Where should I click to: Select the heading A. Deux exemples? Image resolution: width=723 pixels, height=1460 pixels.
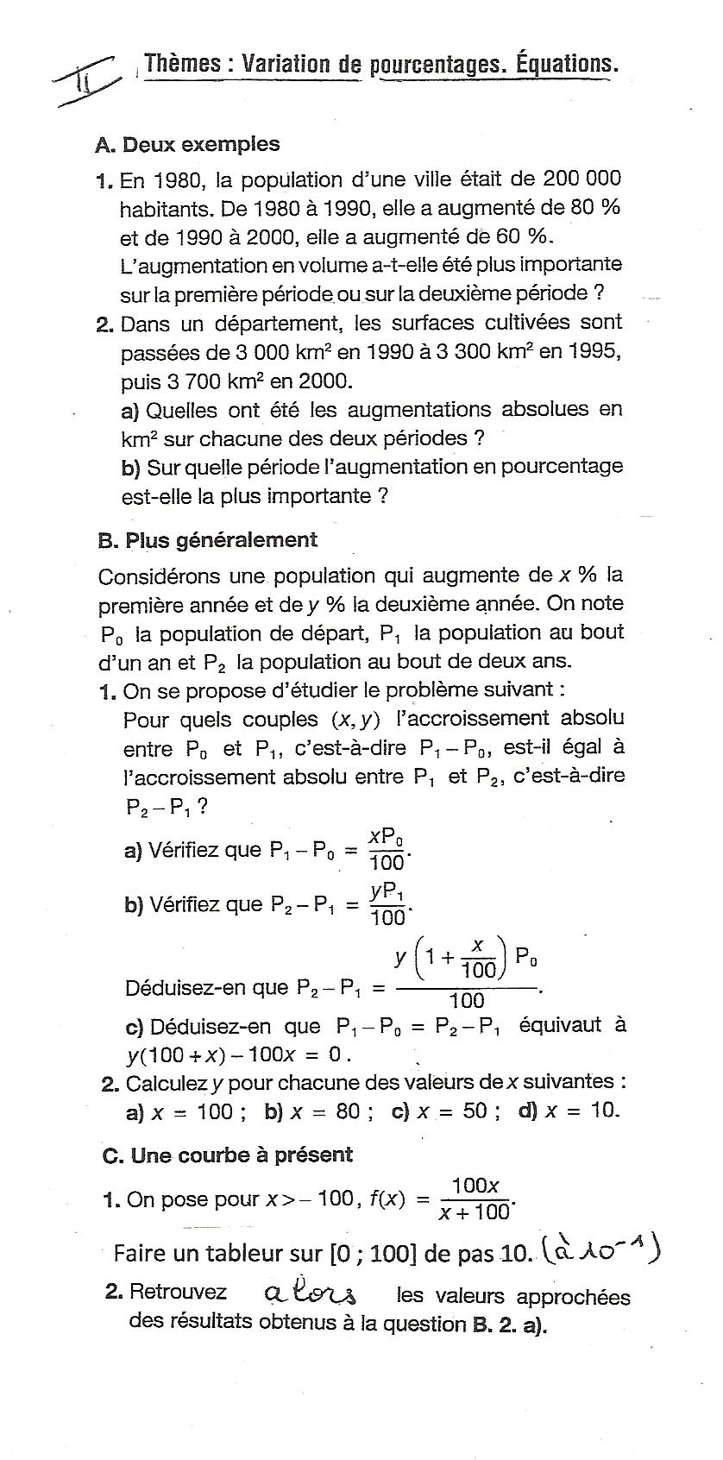click(187, 144)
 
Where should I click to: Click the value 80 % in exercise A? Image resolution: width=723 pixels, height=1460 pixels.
click(590, 207)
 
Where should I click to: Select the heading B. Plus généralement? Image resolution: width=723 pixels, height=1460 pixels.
click(208, 540)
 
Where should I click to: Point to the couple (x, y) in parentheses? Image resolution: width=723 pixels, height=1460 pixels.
click(355, 720)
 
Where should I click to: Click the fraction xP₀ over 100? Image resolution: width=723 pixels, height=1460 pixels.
click(387, 850)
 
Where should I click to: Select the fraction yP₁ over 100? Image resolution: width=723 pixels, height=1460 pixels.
click(388, 904)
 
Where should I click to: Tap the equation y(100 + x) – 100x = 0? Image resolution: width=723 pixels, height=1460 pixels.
click(239, 1054)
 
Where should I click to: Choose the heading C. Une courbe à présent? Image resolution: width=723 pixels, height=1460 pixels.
click(228, 1155)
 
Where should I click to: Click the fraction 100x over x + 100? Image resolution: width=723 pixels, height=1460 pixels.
click(475, 1199)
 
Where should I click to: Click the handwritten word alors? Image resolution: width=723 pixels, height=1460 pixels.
click(311, 1294)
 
